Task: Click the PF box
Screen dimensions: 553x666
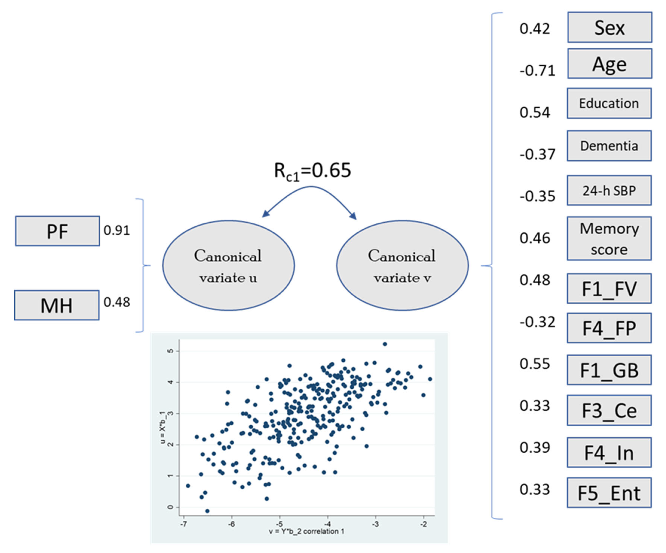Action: [x=57, y=231]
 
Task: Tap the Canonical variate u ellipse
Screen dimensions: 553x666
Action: [x=228, y=266]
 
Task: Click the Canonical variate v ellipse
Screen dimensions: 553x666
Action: [x=402, y=266]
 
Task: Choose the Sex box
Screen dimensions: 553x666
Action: [x=609, y=27]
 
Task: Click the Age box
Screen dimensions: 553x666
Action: [x=609, y=64]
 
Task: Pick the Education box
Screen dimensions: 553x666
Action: [x=609, y=103]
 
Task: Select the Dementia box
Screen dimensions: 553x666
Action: [x=609, y=146]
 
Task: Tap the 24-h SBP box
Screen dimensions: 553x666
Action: [x=609, y=190]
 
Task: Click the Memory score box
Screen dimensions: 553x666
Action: [x=609, y=239]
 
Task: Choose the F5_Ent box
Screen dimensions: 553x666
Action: [x=609, y=493]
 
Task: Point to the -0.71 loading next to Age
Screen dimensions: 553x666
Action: [x=537, y=70]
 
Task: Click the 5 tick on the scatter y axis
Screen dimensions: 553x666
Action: [x=171, y=351]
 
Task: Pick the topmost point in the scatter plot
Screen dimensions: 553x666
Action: [x=385, y=344]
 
